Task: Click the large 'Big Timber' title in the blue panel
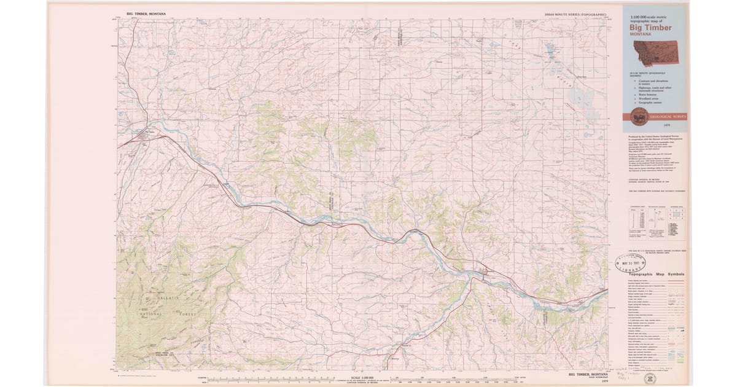tap(650, 28)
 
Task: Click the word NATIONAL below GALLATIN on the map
tap(150, 313)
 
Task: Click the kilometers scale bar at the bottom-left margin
tap(258, 377)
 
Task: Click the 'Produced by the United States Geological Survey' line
tap(654, 137)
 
